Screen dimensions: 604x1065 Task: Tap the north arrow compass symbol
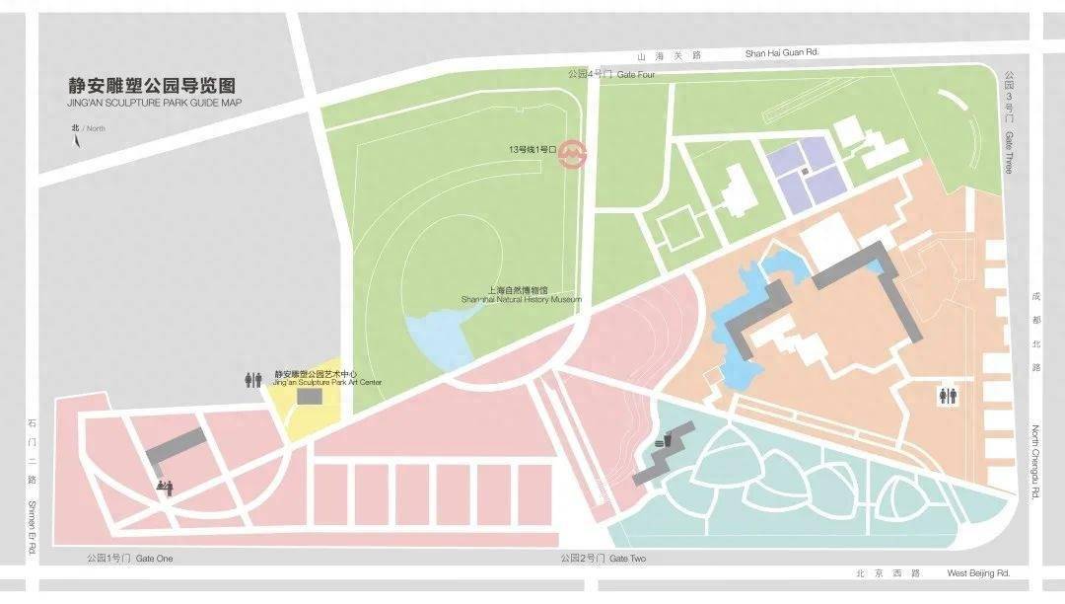(x=76, y=140)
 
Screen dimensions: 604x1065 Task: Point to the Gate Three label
(x=1009, y=122)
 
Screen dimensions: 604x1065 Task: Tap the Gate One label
(x=129, y=559)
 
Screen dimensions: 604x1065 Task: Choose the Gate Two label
(x=603, y=559)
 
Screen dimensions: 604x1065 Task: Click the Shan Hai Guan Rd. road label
(x=782, y=52)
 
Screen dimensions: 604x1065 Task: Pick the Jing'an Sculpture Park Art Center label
(x=314, y=378)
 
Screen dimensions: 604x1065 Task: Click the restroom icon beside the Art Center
(x=252, y=379)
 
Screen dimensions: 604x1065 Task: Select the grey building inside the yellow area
(x=310, y=396)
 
